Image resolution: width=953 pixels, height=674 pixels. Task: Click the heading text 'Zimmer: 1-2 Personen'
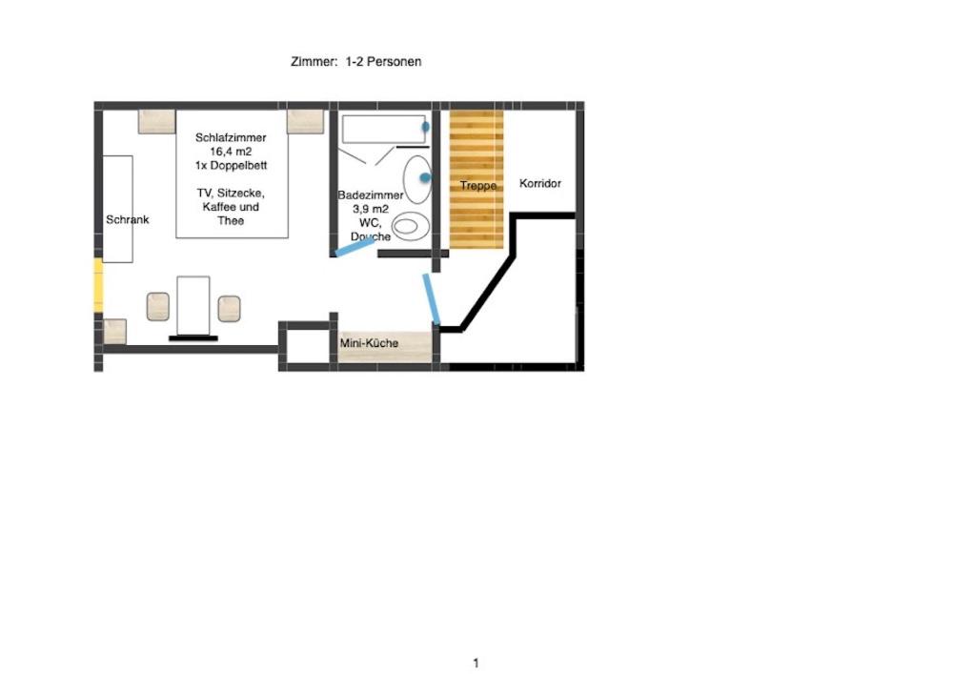click(355, 61)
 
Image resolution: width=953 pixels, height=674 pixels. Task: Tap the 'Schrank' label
click(127, 219)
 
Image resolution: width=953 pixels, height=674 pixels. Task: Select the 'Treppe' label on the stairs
click(477, 185)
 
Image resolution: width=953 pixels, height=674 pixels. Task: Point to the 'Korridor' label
click(539, 183)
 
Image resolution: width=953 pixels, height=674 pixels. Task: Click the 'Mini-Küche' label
click(369, 343)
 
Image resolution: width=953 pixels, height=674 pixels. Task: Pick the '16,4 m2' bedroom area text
click(231, 152)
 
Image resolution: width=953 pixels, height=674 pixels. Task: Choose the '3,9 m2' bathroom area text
click(370, 209)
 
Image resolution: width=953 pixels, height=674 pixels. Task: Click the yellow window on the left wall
click(98, 285)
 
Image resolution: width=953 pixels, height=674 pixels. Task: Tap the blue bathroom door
click(355, 246)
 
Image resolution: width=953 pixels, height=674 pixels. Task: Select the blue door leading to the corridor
click(432, 299)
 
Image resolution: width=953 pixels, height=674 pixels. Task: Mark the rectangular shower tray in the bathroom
click(383, 129)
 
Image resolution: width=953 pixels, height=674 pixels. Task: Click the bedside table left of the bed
click(157, 122)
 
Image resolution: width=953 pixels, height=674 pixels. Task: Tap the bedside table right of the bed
click(305, 122)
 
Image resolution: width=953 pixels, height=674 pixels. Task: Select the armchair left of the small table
click(158, 307)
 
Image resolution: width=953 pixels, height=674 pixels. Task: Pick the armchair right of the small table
click(229, 309)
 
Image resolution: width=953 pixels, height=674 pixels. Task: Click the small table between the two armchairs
click(193, 306)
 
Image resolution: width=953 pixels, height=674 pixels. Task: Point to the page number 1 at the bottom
click(476, 664)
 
